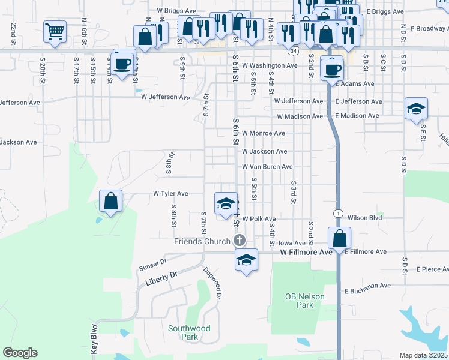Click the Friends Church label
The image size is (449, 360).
pos(202,241)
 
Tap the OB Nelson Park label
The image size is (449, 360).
pos(305,301)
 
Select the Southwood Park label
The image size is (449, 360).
pos(189,332)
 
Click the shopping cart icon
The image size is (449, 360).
pos(55,31)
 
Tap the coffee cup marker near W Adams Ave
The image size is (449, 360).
pos(332,69)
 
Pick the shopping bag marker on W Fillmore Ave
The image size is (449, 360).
pos(339,238)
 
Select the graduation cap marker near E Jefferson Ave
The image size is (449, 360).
pos(416,109)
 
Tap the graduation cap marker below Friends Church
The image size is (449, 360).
pos(246,260)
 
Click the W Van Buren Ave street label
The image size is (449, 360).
pos(267,166)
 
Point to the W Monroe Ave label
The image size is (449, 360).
pos(263,133)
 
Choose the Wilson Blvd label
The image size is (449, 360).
pos(365,218)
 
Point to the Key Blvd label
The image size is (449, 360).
pos(94,340)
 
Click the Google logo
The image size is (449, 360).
pos(20,353)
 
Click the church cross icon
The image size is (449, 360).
pos(239,241)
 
